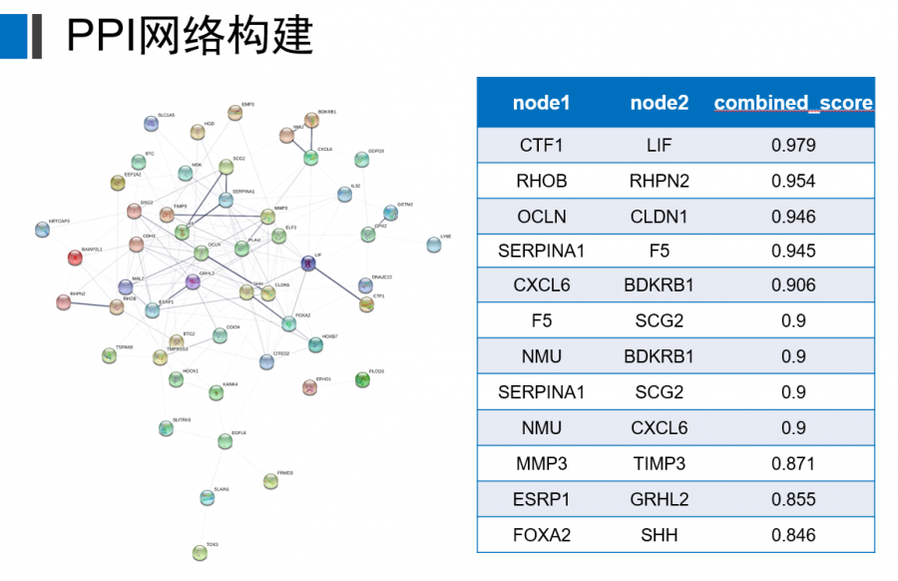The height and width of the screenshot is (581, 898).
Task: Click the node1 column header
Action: pos(541,103)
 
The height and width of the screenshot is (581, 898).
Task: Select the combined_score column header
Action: pos(793,103)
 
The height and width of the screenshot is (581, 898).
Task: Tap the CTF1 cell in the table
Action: pos(541,146)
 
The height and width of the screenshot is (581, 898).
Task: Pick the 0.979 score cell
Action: pos(793,146)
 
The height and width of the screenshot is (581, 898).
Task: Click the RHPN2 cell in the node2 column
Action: pos(660,181)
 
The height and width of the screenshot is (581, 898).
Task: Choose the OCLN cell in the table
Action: pos(541,217)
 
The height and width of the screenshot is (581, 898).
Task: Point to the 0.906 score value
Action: pos(793,286)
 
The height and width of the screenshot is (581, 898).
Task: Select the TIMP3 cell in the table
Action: pos(660,463)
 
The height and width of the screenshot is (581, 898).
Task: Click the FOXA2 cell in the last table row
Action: pos(541,535)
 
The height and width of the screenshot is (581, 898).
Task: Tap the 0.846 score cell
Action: pos(793,535)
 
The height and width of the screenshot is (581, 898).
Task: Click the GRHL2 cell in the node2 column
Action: pos(660,499)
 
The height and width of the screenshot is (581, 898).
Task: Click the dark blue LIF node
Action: pos(308,264)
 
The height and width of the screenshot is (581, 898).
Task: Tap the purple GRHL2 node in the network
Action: pos(194,283)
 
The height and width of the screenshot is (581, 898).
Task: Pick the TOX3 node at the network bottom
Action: pos(202,553)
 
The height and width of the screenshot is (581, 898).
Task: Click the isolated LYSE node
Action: pos(432,245)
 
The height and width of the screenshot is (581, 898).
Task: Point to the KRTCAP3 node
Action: pos(42,231)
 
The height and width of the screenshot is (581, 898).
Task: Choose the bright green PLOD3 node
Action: pos(363,379)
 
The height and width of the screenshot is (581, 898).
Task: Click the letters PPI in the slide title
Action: pos(104,37)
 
